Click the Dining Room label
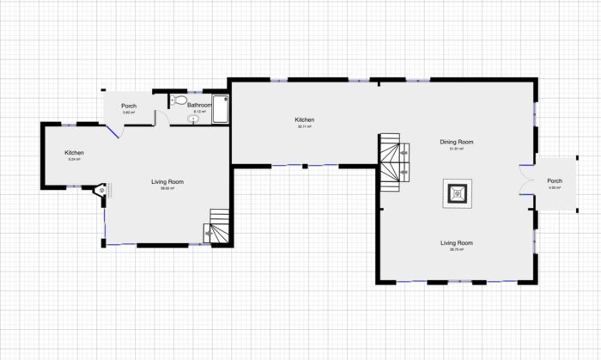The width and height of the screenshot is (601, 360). pos(457,142)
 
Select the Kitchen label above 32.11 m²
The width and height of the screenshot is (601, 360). pos(305,120)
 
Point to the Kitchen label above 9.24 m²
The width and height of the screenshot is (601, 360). pos(74,153)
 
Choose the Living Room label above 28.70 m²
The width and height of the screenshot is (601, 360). pos(457,243)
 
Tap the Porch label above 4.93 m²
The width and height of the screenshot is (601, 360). pos(555,180)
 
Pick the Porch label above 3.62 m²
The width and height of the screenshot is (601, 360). pos(128,106)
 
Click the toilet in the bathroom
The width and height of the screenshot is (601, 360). pos(179,101)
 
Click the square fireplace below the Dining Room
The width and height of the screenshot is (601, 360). pos(457,193)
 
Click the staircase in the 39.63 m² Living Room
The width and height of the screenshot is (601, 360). pos(215,229)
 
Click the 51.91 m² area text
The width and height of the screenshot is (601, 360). pos(457,149)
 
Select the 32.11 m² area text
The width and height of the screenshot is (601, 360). pos(305,127)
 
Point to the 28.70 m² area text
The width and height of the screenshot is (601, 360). pos(457,250)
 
